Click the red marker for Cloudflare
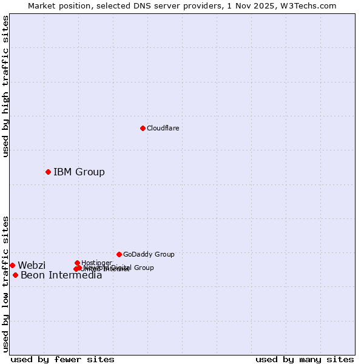(x=143, y=128)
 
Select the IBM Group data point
(x=48, y=172)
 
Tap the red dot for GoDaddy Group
(x=119, y=254)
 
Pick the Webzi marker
(x=12, y=265)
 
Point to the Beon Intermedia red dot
(x=15, y=275)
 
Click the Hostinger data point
(x=77, y=263)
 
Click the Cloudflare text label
(x=163, y=128)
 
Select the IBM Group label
(x=79, y=172)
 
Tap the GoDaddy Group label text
(x=149, y=254)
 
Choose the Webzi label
(x=32, y=265)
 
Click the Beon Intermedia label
(x=61, y=275)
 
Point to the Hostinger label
(x=96, y=263)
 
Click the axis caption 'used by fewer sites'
(x=62, y=359)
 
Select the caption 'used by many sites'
(x=305, y=359)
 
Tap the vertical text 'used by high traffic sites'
(x=5, y=86)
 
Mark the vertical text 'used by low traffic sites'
(x=5, y=284)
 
